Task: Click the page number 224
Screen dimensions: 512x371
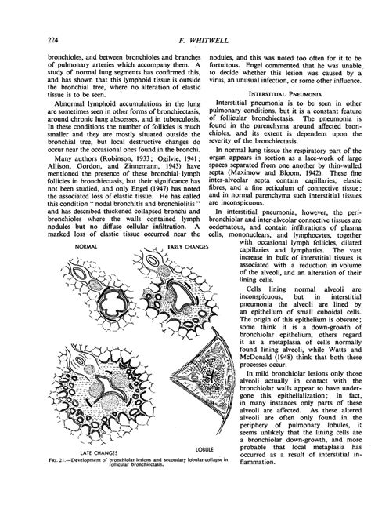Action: click(x=32, y=41)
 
